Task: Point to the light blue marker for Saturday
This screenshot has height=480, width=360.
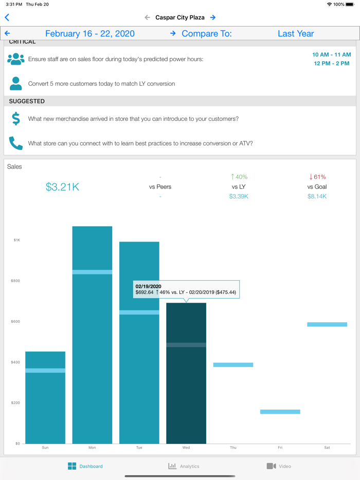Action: (x=327, y=324)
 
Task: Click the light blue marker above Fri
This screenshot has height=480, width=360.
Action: (x=280, y=412)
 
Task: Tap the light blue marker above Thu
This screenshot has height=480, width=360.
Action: (x=233, y=365)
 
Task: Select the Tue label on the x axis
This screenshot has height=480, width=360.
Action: (x=139, y=448)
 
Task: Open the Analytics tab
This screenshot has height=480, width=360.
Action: (x=184, y=466)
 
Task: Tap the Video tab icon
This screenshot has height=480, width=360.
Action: (x=271, y=466)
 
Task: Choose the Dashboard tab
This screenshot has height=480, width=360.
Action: (x=85, y=466)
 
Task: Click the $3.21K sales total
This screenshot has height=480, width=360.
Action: (x=62, y=187)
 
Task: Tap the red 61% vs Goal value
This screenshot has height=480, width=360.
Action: (x=317, y=177)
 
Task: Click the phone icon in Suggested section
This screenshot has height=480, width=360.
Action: (x=16, y=143)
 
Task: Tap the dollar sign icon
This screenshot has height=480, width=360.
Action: (x=16, y=119)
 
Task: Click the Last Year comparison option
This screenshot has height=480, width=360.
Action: (x=296, y=33)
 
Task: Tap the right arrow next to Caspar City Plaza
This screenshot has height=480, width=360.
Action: (x=213, y=17)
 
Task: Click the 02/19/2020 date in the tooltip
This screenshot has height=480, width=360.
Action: (x=148, y=286)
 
